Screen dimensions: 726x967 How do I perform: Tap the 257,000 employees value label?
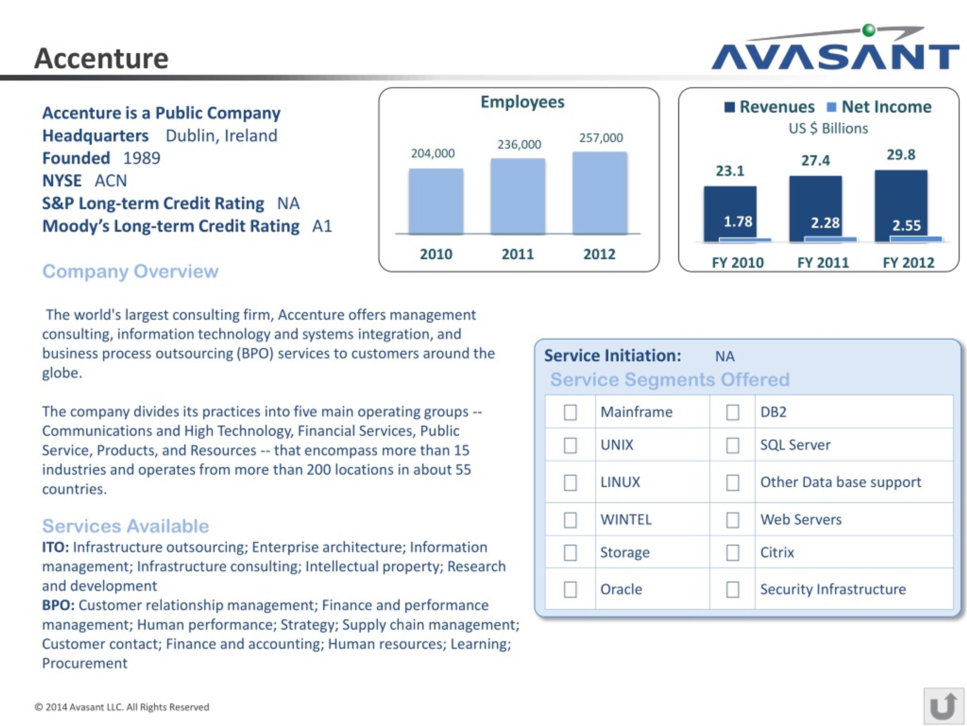601,138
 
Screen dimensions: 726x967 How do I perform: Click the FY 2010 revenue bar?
730,206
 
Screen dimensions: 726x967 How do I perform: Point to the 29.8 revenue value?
901,155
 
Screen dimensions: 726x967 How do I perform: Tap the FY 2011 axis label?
823,262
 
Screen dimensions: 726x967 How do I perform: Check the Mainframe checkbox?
570,412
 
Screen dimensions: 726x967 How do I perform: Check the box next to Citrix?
733,552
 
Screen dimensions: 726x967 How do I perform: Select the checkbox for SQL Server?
733,445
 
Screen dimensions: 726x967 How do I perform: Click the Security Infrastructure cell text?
833,589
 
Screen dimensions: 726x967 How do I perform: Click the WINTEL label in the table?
626,520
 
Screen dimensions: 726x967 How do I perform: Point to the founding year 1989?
142,158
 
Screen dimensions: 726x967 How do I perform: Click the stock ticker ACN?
111,181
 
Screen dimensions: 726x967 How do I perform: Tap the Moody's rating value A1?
322,226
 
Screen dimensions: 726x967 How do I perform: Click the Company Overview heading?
130,271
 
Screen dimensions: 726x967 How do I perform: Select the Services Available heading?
125,526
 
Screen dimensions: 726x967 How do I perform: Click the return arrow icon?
944,706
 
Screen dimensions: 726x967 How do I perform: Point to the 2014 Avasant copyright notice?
122,707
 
